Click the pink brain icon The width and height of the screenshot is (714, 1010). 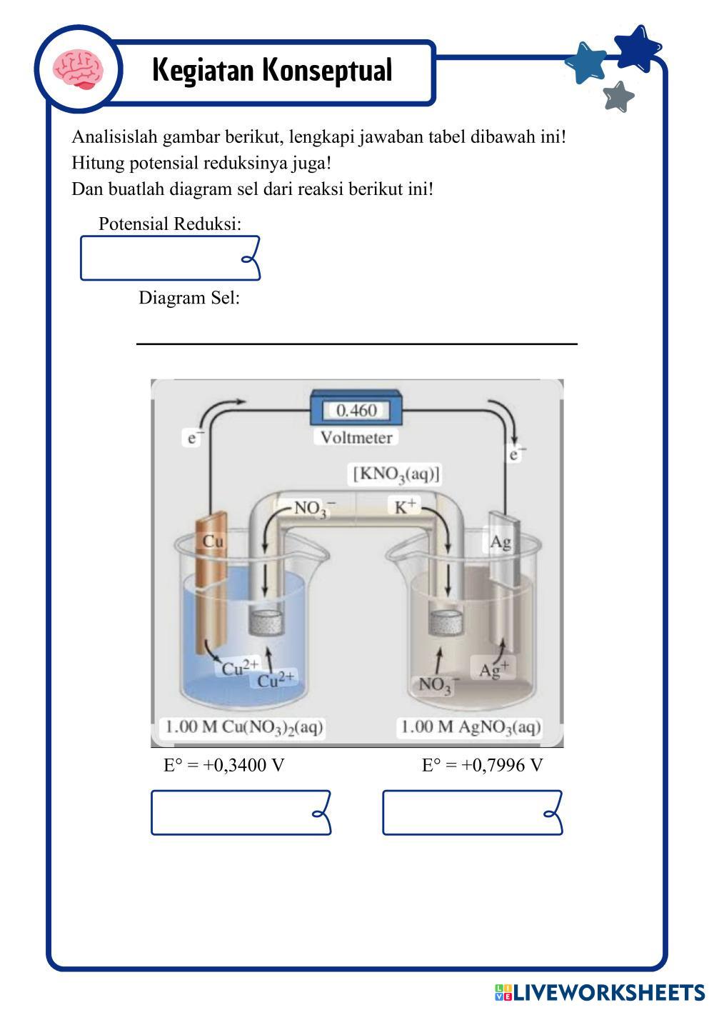(79, 69)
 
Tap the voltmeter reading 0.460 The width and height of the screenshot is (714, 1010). (356, 411)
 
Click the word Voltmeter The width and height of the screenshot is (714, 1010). (356, 437)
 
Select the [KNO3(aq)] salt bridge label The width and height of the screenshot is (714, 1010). (396, 474)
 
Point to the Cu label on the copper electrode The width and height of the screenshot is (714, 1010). (213, 541)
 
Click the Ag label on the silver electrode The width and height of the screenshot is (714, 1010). (501, 542)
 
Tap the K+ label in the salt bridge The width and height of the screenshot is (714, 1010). (405, 506)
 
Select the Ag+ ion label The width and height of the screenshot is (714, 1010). (494, 670)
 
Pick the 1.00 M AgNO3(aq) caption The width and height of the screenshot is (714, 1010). (471, 727)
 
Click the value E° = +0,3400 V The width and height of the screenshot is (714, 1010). (224, 766)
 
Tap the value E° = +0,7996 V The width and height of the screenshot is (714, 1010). (482, 766)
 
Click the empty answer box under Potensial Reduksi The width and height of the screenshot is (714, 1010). (169, 258)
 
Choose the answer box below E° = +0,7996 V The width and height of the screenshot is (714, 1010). (472, 812)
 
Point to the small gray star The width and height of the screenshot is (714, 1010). (618, 96)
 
